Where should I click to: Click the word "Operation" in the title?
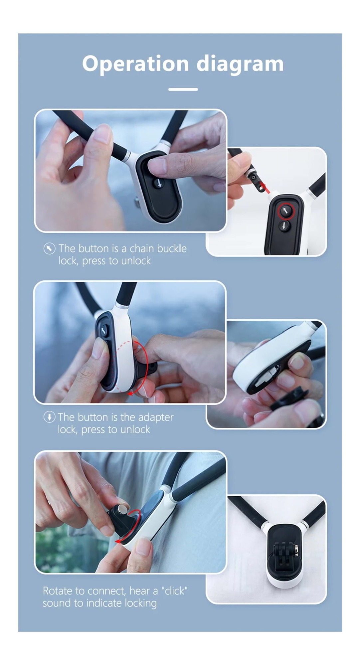136,64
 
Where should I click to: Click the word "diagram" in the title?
240,64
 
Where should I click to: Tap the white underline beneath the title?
183,89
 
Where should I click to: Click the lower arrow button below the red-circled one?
284,226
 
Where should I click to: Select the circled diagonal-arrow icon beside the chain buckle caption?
49,249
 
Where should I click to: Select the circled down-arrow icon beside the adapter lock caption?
49,417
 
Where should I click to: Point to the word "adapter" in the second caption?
156,417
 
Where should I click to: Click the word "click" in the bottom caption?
174,591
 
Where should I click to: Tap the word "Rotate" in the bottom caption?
58,591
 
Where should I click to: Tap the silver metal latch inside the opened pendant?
266,378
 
